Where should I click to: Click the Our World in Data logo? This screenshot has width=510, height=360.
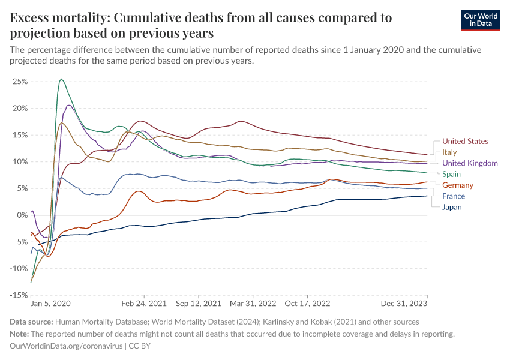click(x=481, y=20)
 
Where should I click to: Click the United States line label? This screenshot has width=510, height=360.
click(x=465, y=141)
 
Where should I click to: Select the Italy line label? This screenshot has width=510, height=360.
click(x=449, y=152)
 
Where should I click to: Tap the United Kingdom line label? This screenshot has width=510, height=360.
click(x=470, y=163)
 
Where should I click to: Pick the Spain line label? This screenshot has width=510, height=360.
click(x=452, y=174)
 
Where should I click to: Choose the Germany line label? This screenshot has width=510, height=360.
click(x=458, y=185)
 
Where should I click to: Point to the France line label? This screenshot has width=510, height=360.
click(x=454, y=196)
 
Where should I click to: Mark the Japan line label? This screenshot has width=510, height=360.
click(x=452, y=208)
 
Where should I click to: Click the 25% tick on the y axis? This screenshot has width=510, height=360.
click(x=20, y=81)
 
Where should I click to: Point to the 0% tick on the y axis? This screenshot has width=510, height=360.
click(x=22, y=215)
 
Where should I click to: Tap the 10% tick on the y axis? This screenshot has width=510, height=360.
click(x=20, y=161)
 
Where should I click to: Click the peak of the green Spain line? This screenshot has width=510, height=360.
click(x=61, y=79)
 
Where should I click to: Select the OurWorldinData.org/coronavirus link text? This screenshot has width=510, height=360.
click(x=65, y=346)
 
